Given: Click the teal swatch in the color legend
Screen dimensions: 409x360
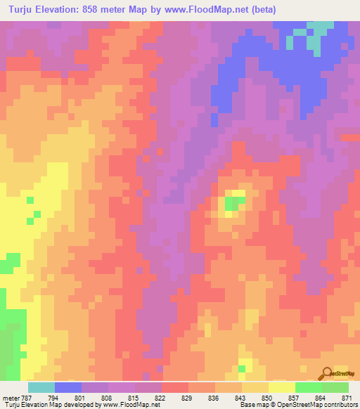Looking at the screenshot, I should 41,387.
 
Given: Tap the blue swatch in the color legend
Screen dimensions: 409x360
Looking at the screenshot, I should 68,387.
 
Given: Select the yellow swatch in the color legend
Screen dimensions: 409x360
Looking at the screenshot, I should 282,387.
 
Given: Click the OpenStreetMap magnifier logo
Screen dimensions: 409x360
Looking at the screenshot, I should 326,372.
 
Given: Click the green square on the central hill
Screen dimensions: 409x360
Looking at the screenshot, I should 231,204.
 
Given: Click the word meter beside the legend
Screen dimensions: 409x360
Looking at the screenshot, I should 9,397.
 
